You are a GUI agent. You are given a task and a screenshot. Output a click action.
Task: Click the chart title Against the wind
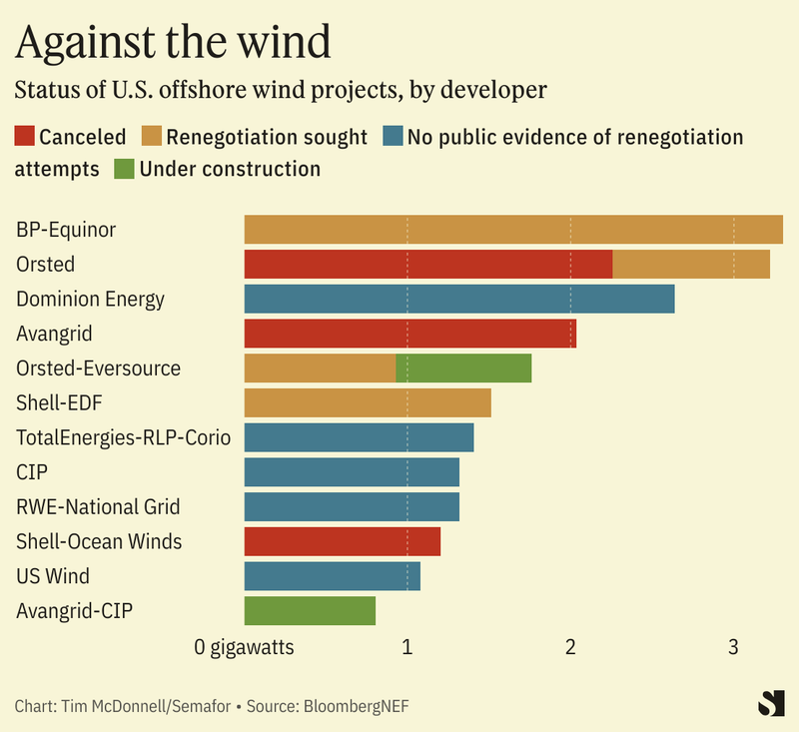pyautogui.click(x=173, y=42)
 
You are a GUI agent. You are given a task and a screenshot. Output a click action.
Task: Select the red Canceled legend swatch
pyautogui.click(x=25, y=137)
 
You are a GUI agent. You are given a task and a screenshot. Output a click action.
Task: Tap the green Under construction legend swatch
pyautogui.click(x=125, y=169)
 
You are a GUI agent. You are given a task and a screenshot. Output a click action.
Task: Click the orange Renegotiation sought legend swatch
pyautogui.click(x=151, y=137)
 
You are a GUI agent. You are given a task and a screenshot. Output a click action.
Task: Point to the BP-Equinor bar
pyautogui.click(x=513, y=230)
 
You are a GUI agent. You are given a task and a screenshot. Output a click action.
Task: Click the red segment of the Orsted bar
pyautogui.click(x=427, y=265)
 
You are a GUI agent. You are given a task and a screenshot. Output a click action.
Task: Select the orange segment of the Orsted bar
pyautogui.click(x=690, y=265)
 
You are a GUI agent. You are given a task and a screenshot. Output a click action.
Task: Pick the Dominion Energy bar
pyautogui.click(x=459, y=299)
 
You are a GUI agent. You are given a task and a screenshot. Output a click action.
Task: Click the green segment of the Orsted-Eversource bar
pyautogui.click(x=463, y=368)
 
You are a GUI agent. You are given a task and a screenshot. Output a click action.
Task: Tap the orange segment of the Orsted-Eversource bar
pyautogui.click(x=320, y=368)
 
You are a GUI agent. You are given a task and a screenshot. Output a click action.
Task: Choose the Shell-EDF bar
pyautogui.click(x=368, y=402)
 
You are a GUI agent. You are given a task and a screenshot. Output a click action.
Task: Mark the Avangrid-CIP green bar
pyautogui.click(x=310, y=610)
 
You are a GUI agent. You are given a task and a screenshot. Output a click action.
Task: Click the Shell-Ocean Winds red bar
pyautogui.click(x=342, y=541)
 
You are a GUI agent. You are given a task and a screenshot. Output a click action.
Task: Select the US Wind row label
pyautogui.click(x=53, y=576)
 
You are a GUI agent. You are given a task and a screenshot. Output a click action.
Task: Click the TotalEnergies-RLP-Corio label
pyautogui.click(x=123, y=437)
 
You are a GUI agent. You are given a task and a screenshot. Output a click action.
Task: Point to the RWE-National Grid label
pyautogui.click(x=98, y=507)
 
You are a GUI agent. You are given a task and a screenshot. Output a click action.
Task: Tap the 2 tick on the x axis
pyautogui.click(x=570, y=647)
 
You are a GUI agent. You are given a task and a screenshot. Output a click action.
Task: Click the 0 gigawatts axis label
pyautogui.click(x=245, y=647)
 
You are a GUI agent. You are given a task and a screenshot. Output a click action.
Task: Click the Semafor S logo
pyautogui.click(x=770, y=703)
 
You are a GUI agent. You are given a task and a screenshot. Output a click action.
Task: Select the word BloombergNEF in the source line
pyautogui.click(x=357, y=706)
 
